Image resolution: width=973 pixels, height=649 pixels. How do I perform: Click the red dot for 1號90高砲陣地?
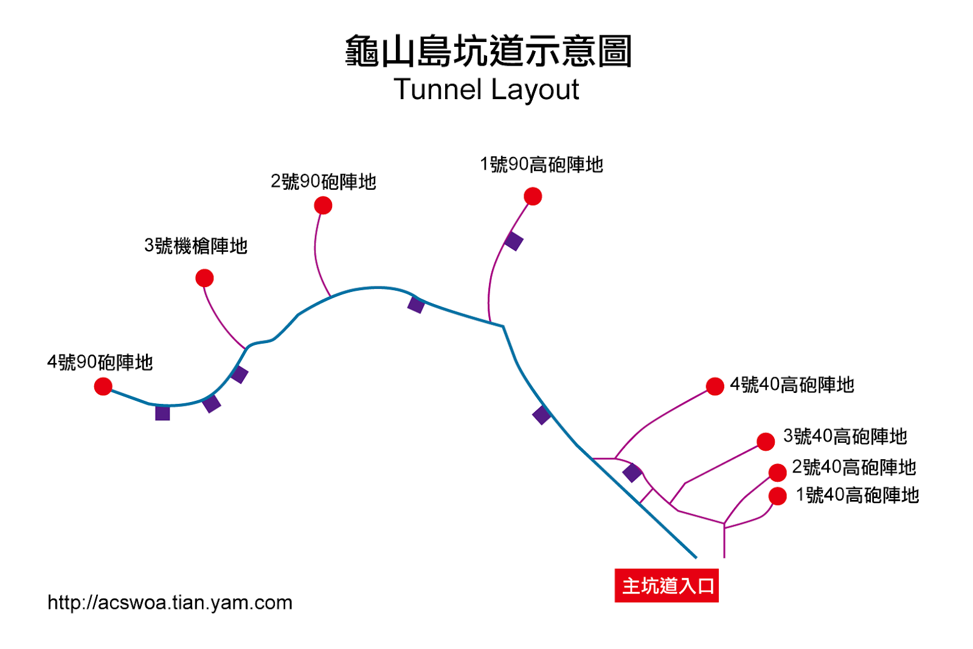(x=533, y=196)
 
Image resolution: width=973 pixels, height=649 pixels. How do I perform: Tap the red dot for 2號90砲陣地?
(x=323, y=206)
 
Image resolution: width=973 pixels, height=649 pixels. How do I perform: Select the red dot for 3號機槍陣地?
(x=204, y=278)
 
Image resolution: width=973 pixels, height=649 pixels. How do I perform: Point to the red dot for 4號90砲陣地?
(x=103, y=386)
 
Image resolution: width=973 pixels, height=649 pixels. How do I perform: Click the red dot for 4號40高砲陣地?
(x=715, y=386)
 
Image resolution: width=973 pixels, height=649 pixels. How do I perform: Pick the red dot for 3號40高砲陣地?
(x=766, y=442)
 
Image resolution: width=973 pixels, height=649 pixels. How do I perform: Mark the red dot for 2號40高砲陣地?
(x=778, y=473)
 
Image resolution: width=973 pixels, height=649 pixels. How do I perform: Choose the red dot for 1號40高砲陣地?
(x=778, y=496)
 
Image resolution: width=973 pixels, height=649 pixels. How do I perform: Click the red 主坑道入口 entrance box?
(x=667, y=586)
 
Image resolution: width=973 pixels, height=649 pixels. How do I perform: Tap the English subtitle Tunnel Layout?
(x=486, y=89)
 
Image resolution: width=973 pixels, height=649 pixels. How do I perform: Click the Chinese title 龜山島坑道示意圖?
(x=488, y=51)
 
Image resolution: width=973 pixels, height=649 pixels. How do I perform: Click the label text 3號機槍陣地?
(x=196, y=246)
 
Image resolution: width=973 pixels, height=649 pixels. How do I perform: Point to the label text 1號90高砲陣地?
(x=541, y=165)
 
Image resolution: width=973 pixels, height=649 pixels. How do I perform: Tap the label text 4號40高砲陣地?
(x=792, y=385)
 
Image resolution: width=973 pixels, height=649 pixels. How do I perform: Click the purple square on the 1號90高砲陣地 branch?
(x=513, y=241)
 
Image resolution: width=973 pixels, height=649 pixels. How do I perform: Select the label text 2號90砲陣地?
(x=323, y=182)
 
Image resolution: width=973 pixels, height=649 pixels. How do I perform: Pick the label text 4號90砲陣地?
(x=100, y=363)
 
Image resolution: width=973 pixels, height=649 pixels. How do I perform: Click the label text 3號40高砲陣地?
(x=845, y=436)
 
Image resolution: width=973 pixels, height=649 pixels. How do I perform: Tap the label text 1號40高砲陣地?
(x=857, y=495)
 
